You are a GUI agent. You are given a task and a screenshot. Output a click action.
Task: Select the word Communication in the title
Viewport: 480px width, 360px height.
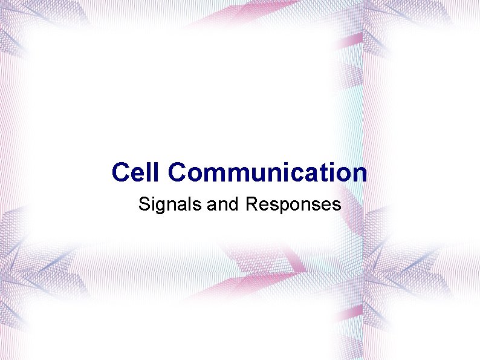(x=268, y=172)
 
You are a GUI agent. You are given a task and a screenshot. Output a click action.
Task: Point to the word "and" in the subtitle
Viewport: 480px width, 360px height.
(x=224, y=205)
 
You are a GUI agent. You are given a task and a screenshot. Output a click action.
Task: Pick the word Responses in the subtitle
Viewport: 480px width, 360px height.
(x=293, y=205)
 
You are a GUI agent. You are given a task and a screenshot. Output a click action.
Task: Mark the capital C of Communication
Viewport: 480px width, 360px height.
(x=178, y=172)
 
